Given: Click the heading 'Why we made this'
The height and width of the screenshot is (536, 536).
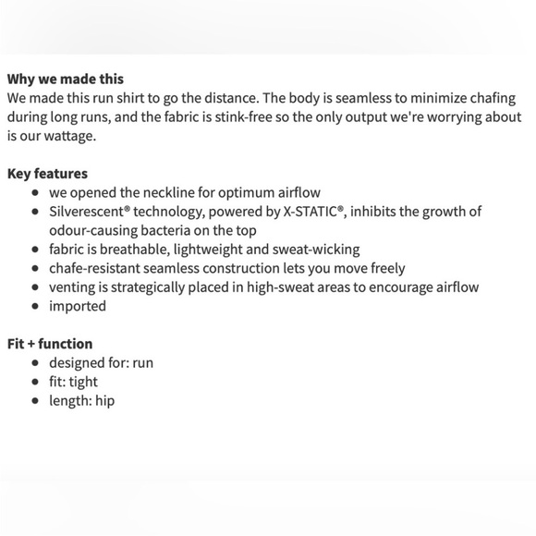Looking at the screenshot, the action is pyautogui.click(x=65, y=79).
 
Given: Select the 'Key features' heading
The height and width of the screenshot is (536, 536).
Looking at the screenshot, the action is pyautogui.click(x=47, y=173).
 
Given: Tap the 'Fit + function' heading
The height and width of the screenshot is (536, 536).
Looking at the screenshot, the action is pyautogui.click(x=50, y=343).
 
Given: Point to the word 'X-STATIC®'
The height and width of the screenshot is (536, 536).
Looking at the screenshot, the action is pyautogui.click(x=311, y=212).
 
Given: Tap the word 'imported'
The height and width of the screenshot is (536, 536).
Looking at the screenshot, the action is pyautogui.click(x=78, y=306).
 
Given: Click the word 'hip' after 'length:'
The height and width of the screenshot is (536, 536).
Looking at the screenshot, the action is pyautogui.click(x=104, y=400).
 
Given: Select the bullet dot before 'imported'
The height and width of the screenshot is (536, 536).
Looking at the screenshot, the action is pyautogui.click(x=35, y=306).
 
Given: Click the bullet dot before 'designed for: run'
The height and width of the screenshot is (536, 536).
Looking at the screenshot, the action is pyautogui.click(x=35, y=362).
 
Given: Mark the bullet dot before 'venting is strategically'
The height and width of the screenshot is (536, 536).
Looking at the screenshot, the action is pyautogui.click(x=35, y=286).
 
